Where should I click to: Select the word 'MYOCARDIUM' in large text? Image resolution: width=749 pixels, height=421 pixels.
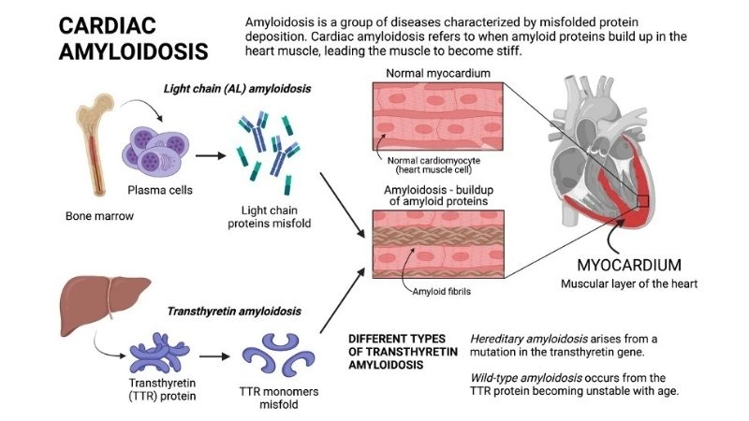[x=629, y=264]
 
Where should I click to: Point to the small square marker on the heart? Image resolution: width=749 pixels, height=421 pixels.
[x=641, y=200]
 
